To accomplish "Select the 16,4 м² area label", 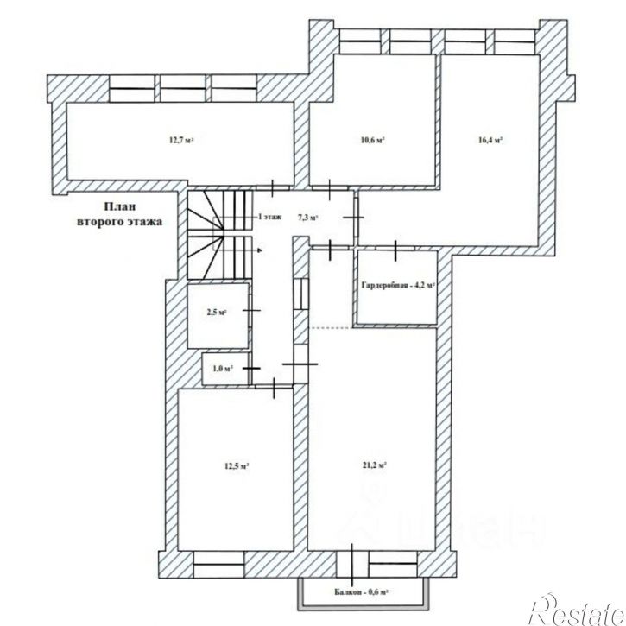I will (490, 141).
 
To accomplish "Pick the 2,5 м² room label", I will (217, 312).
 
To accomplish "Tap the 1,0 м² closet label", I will (223, 369).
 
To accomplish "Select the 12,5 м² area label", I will (237, 466).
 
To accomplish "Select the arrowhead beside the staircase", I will (259, 248).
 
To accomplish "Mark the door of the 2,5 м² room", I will (251, 308).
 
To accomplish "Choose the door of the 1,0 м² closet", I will (251, 369).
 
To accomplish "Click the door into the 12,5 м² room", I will (275, 389).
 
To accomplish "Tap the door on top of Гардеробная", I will (395, 250).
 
